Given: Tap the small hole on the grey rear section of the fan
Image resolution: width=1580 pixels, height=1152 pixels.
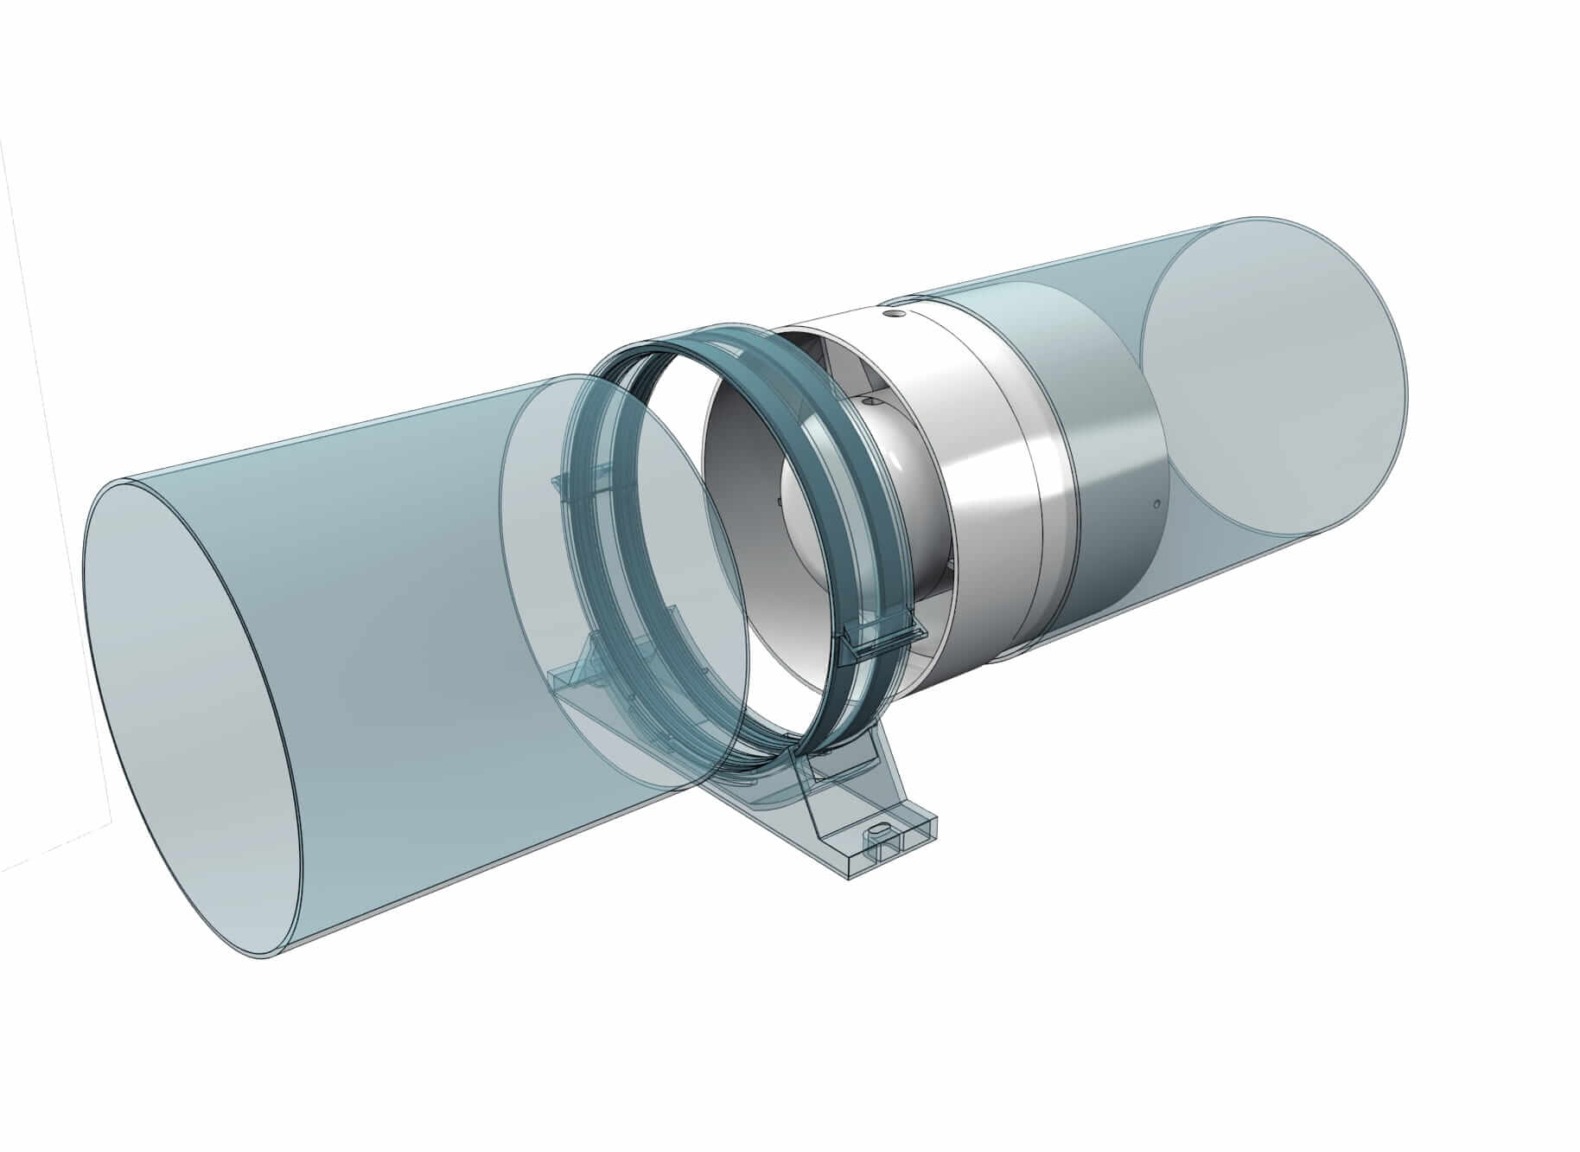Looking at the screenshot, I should tap(1156, 502).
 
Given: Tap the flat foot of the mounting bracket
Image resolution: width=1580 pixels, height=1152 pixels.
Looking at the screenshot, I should tap(890, 848).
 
